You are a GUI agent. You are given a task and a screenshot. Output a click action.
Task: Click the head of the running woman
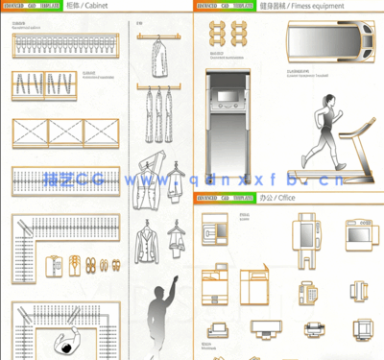(x=328, y=101)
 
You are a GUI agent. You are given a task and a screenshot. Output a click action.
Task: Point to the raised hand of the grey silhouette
(x=174, y=280)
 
